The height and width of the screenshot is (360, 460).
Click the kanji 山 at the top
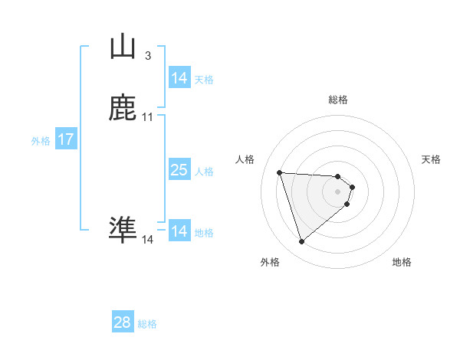click(123, 47)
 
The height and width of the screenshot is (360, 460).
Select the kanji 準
click(123, 228)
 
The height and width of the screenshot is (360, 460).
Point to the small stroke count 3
click(147, 56)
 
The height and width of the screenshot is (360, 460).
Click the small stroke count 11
click(147, 117)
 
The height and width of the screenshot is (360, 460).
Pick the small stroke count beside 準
click(147, 240)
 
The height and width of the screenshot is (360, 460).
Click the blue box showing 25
click(179, 170)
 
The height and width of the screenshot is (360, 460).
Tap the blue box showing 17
click(65, 139)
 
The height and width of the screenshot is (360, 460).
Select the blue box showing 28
click(123, 322)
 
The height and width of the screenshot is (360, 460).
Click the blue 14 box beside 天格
click(179, 78)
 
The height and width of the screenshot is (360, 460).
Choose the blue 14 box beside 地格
click(179, 231)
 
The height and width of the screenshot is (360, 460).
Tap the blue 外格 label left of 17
click(41, 141)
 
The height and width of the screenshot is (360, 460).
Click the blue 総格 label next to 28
click(147, 324)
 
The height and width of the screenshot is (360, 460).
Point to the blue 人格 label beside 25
click(205, 172)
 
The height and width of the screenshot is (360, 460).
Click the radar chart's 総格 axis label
click(338, 100)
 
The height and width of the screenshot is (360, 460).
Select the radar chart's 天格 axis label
click(431, 159)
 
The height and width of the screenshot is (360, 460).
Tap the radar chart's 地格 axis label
click(402, 262)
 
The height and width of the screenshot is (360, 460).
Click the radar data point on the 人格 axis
click(280, 172)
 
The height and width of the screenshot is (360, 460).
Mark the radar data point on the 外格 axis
click(302, 242)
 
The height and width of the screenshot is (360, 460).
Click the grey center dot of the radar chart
click(338, 191)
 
